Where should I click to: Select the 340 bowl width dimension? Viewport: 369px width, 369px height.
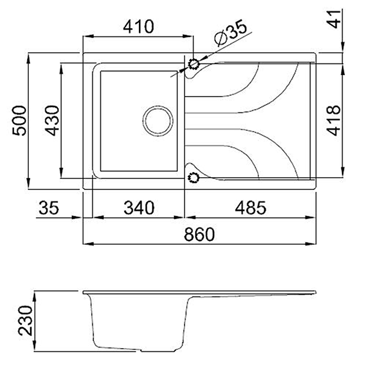[137, 208]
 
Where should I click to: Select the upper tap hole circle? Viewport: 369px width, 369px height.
[194, 64]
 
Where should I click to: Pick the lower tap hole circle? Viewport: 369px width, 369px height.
[194, 178]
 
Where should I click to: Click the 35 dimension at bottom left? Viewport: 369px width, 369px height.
[47, 208]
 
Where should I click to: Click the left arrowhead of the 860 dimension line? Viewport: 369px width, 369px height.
[85, 244]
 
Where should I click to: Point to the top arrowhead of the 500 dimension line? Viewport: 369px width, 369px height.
[30, 57]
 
